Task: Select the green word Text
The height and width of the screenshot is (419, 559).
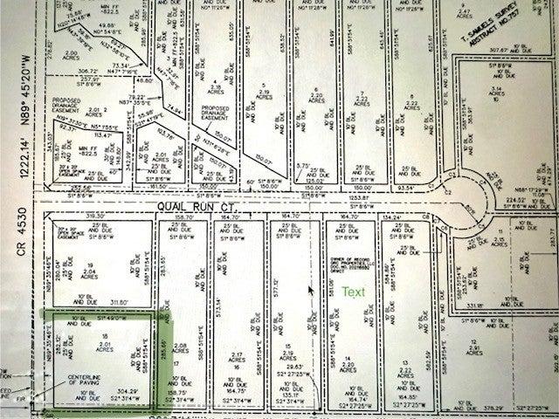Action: [355, 292]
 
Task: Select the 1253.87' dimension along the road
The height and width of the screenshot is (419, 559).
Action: [360, 198]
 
